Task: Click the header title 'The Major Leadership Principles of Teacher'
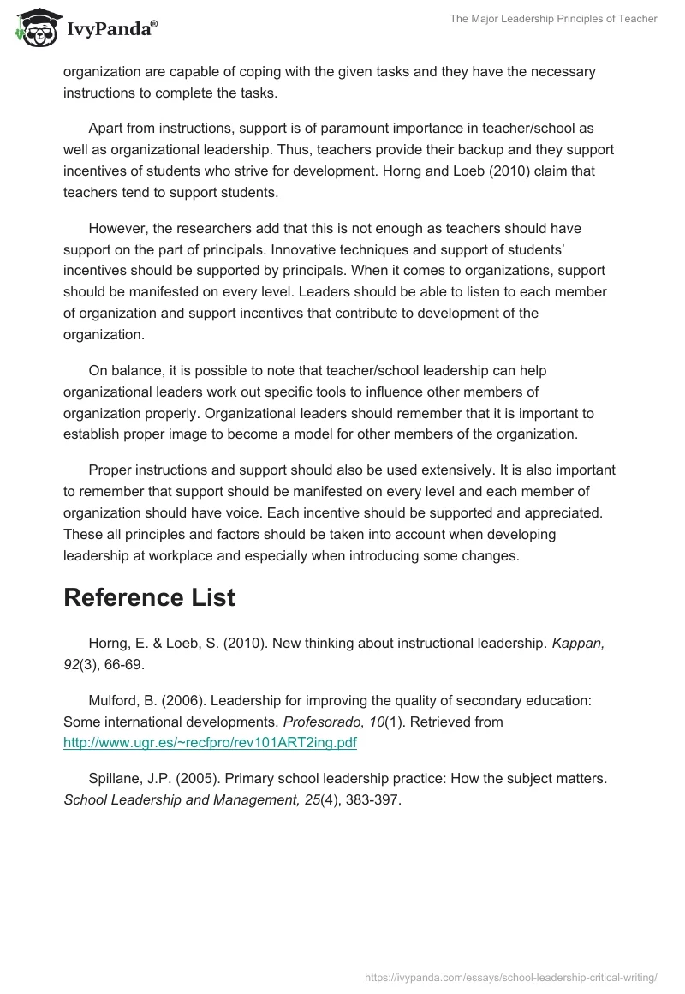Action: point(553,19)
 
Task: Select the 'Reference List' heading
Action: point(149,598)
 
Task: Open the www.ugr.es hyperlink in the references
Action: point(210,743)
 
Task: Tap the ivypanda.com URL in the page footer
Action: point(510,976)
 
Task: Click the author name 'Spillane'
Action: point(116,780)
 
